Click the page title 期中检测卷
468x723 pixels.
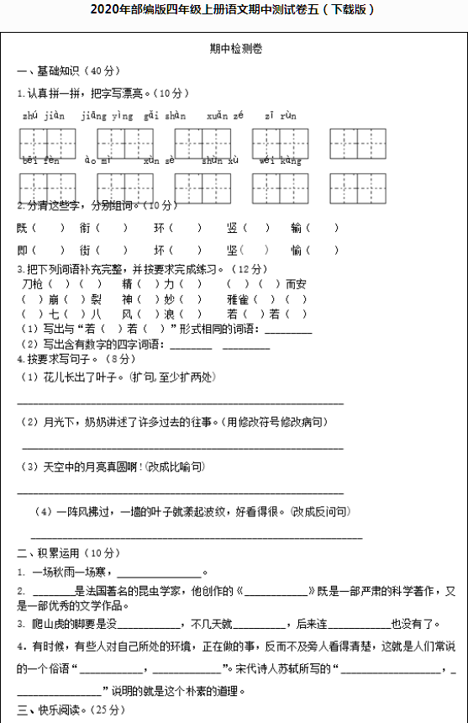click(236, 50)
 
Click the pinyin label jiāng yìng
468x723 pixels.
click(108, 115)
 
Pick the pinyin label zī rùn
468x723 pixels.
click(281, 115)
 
